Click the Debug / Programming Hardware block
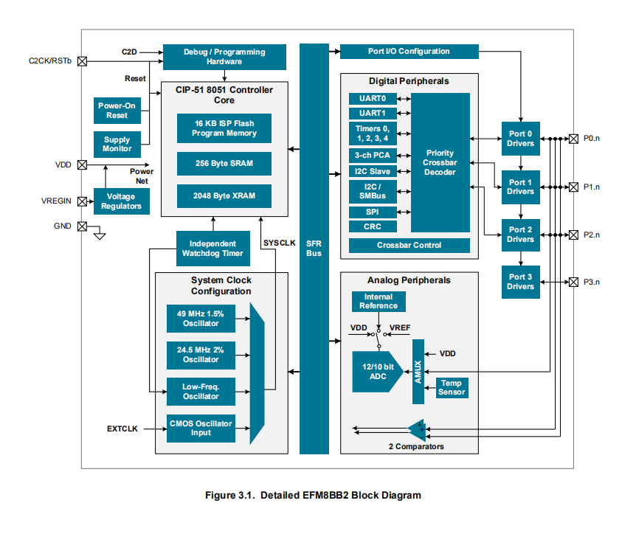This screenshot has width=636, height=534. pos(213,57)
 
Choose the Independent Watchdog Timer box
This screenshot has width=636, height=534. pos(212,249)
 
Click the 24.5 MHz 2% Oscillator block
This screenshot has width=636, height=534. pos(201,355)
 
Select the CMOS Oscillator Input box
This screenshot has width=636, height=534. pos(201,428)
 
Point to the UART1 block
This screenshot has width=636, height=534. pos(373,114)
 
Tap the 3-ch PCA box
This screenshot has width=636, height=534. pos(373,155)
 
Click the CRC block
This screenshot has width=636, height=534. pos(373,226)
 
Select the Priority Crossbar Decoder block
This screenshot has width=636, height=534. pos(440,162)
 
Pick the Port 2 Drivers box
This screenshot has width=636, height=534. pos(520,235)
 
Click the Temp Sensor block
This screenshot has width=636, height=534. pos(452,388)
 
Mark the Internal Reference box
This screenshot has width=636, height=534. pos(379,301)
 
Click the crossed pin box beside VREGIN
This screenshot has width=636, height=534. pos(82,201)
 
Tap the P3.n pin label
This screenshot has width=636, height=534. pos(592,282)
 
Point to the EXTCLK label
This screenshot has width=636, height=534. pos(122,428)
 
